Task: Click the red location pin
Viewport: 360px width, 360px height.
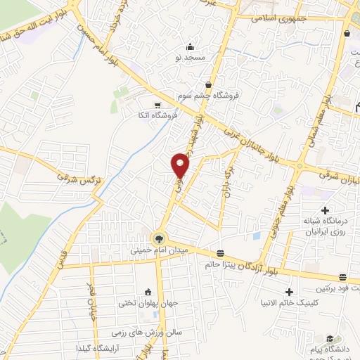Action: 181,165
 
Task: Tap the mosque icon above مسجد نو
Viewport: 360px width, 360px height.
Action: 191,46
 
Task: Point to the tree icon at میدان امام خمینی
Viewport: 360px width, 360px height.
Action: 158,238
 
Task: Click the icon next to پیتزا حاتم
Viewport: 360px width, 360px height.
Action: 221,253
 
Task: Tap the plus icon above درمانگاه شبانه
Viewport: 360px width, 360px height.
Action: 325,210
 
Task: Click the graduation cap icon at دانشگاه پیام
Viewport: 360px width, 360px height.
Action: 329,339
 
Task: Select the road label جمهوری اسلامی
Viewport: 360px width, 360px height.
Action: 278,20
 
